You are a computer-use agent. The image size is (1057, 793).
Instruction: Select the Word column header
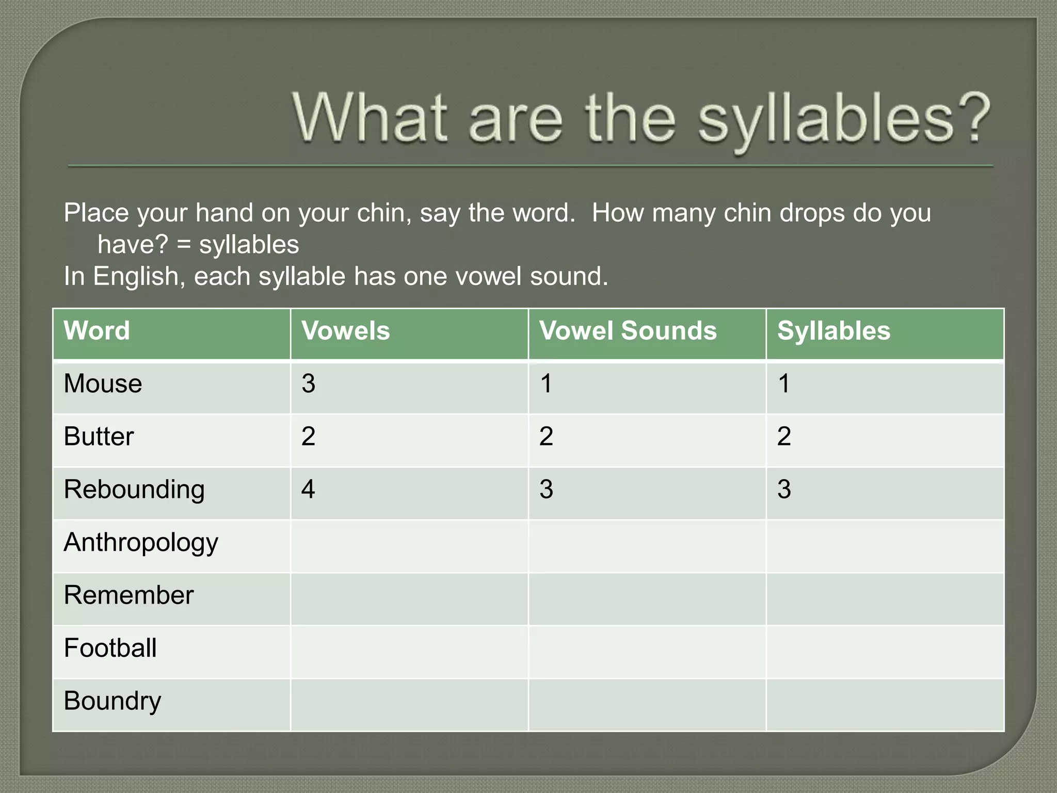(97, 331)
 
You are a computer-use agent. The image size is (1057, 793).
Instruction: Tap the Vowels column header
(345, 331)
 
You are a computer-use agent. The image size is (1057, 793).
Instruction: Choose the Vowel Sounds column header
(628, 331)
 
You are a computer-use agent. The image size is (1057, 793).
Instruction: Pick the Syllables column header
(834, 331)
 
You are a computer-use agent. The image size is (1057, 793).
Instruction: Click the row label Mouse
(103, 384)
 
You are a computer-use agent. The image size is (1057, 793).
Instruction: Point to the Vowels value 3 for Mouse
(308, 384)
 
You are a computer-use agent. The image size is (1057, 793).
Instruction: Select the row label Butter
(99, 437)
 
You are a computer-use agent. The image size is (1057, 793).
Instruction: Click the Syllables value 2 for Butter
(784, 437)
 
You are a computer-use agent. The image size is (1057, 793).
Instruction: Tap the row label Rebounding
(134, 490)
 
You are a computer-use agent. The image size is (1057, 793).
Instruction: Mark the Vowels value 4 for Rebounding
(308, 489)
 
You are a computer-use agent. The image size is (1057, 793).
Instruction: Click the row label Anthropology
(141, 543)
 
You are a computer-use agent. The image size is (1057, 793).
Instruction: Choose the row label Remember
(129, 596)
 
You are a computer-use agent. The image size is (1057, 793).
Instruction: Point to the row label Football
(110, 648)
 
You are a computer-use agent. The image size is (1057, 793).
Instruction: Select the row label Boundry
(113, 702)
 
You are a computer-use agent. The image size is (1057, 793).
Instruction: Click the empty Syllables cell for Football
(885, 652)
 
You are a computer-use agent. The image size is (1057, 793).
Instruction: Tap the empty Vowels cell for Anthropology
(409, 546)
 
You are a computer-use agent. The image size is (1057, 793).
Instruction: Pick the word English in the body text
(135, 277)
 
